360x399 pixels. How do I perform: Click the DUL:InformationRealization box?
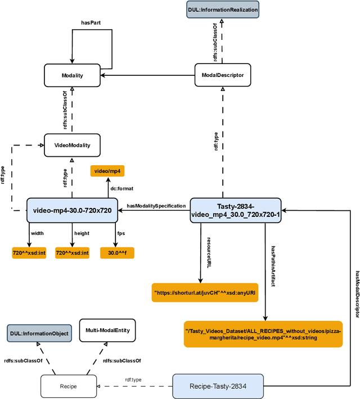pos(223,10)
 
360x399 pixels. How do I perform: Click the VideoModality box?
pos(72,144)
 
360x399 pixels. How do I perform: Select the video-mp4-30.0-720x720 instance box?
pos(72,210)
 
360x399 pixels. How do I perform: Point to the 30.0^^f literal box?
pos(118,253)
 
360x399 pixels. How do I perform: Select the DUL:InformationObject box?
pos(39,333)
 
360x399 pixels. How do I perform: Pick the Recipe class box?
pos(69,387)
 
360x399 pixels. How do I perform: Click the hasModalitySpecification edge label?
pos(155,206)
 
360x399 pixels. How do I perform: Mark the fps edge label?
pos(121,233)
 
